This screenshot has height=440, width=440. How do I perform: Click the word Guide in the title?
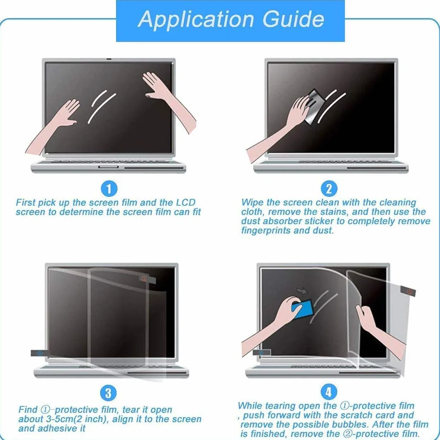tap(293, 19)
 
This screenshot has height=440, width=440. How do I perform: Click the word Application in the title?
tap(196, 20)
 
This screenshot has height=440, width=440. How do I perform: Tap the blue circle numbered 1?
tap(109, 188)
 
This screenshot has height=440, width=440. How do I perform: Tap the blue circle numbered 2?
tap(329, 188)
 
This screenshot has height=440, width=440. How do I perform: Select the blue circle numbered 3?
tap(108, 393)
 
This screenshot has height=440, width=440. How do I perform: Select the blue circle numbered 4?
tap(329, 392)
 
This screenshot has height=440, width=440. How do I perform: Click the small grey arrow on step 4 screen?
tap(302, 291)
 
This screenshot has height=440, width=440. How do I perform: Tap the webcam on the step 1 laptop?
tap(109, 59)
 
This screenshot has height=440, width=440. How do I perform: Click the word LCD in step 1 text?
tap(185, 202)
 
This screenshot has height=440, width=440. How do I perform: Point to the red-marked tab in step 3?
tap(147, 279)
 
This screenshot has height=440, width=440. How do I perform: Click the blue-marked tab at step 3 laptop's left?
tap(40, 353)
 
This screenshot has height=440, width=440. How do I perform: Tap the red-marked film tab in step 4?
tap(408, 291)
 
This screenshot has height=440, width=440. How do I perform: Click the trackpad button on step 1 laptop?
tap(108, 167)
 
